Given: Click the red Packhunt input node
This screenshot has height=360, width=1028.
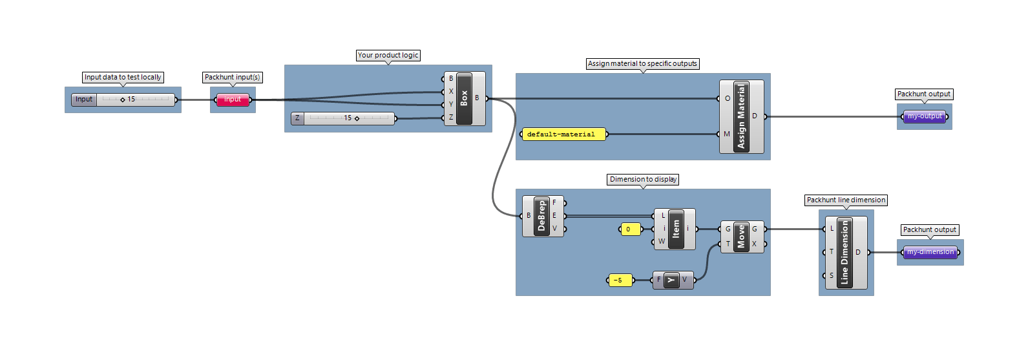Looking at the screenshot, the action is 233,100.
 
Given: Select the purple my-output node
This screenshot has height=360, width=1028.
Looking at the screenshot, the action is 924,116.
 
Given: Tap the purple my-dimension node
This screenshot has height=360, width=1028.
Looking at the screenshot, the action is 930,252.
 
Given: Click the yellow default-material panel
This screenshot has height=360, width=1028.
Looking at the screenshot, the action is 563,134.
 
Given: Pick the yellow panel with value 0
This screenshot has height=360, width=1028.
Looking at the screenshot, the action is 631,229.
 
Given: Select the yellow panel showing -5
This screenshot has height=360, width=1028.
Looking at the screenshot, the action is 620,280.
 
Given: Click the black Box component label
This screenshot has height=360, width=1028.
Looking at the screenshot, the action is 464,98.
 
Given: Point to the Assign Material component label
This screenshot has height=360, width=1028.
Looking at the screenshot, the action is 741,116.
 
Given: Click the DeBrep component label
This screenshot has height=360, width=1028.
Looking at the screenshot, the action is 542,216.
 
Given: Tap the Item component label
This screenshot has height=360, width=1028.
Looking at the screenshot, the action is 676,229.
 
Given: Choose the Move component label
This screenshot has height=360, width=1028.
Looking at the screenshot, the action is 741,237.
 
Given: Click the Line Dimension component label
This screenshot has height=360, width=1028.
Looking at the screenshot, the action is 845,253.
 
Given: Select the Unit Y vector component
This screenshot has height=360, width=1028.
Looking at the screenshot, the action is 673,280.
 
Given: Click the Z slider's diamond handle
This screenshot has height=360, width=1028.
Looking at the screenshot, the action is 357,118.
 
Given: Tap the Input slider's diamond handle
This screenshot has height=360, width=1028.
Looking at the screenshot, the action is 123,100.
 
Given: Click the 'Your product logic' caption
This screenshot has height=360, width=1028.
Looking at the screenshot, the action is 388,55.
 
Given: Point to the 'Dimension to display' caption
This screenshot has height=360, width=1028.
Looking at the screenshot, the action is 643,179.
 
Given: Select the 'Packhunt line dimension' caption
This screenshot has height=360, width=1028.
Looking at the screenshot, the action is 846,200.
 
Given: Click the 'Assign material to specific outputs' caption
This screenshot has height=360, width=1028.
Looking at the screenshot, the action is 642,63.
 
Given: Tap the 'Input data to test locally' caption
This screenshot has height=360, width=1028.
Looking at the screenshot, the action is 123,77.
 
